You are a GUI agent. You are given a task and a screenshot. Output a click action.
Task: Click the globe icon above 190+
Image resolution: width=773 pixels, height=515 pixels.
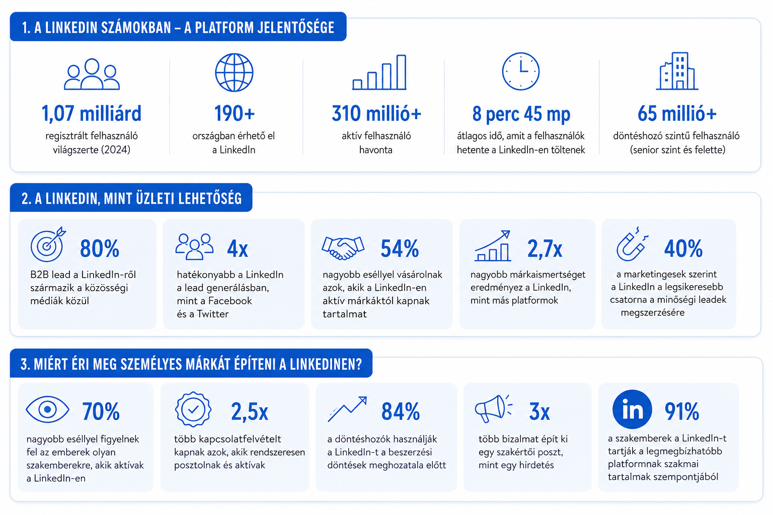[x=235, y=72]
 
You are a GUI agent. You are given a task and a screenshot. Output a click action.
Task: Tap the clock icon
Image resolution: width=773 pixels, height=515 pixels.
[x=520, y=71]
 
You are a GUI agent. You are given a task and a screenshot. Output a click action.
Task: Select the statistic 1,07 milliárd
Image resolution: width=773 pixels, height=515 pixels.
[x=92, y=114]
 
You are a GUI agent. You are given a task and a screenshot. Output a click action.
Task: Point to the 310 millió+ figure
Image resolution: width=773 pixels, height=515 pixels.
[x=376, y=114]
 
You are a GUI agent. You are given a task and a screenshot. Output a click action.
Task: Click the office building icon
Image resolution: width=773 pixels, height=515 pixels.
[x=677, y=71]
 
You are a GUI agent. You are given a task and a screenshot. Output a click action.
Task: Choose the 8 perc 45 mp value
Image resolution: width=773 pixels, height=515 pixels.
[x=521, y=114]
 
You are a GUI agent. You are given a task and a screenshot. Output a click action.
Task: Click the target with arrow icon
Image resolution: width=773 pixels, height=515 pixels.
[x=48, y=244]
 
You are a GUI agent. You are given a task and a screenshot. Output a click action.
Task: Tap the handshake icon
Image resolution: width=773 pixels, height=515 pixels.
[x=343, y=247]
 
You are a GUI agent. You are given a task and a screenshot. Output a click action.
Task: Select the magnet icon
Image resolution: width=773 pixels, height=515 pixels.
[x=632, y=244]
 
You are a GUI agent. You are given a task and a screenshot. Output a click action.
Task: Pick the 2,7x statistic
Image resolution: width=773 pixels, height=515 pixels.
[x=545, y=249]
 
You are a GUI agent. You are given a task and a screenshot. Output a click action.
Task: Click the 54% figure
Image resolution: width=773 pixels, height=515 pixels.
[x=400, y=248]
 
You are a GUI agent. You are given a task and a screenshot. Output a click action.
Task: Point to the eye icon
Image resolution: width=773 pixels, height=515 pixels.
[x=48, y=409]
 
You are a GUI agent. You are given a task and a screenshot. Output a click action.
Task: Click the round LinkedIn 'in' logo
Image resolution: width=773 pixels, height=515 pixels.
[x=632, y=409]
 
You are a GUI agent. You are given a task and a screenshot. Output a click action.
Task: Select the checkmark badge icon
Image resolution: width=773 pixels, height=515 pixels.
[x=193, y=409]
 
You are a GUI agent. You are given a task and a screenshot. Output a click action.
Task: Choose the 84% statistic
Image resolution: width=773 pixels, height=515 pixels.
[x=401, y=411]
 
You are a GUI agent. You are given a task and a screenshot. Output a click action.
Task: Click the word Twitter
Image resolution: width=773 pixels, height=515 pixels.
[x=212, y=314]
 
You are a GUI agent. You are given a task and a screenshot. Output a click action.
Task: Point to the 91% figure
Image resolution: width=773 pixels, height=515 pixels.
[x=682, y=411]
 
